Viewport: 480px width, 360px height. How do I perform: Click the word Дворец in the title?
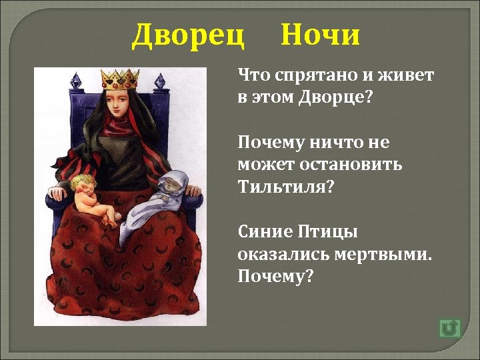tap(188, 35)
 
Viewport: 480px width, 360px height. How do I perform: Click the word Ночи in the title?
tap(320, 35)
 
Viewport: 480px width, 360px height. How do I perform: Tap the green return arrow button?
tap(450, 328)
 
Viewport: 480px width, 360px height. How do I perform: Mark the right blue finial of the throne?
tap(159, 81)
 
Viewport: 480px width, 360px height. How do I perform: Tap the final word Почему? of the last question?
tap(275, 275)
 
